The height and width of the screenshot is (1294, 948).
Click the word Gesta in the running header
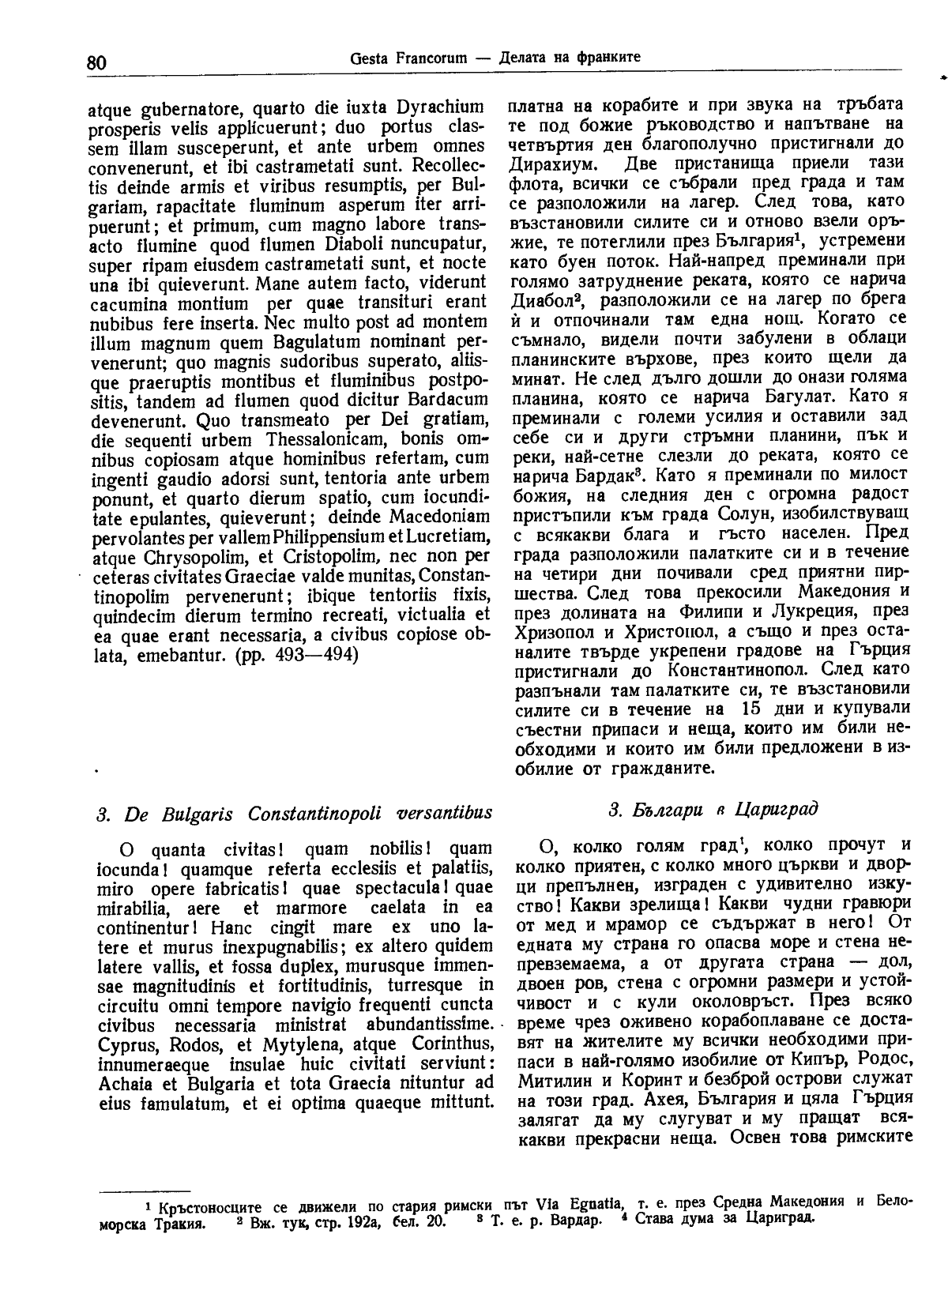[368, 58]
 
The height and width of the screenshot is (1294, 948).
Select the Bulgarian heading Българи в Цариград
[713, 809]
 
